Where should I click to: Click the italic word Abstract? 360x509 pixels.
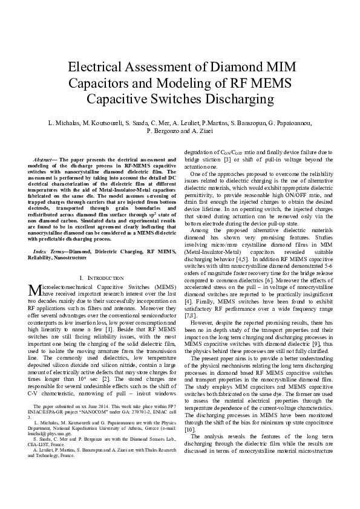coord(44,158)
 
